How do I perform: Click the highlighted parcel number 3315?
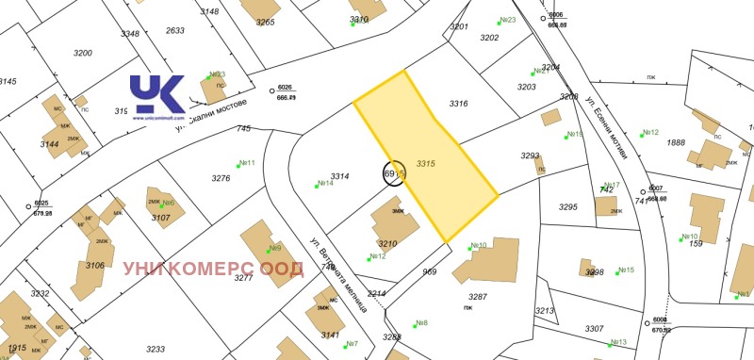coord(425,162)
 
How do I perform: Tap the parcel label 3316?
coord(458,104)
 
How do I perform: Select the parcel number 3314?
coord(340,176)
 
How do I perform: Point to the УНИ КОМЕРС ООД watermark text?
coord(213,269)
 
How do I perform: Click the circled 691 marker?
coord(394,174)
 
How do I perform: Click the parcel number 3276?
coord(221,178)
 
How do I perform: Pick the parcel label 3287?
coord(477,296)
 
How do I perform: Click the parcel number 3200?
coord(82,53)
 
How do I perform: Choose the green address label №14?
coord(324,184)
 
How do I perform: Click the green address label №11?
coord(247,163)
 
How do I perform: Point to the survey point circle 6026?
coord(272,91)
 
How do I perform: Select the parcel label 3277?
coord(243,278)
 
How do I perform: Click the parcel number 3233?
coord(156,349)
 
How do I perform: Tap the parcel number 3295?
coord(567,206)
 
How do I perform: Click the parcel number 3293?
coord(530,155)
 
